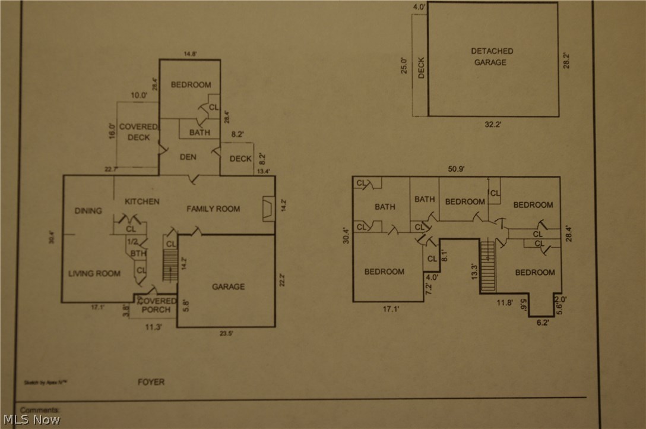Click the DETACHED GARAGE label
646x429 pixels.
coord(492,56)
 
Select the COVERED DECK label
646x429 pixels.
coord(138,132)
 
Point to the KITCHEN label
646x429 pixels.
coord(142,201)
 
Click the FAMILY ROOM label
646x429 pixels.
coord(213,209)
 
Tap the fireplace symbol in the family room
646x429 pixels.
coord(268,209)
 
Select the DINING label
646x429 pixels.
coord(88,210)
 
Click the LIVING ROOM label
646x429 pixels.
coord(94,273)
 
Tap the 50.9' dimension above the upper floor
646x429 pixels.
coord(456,169)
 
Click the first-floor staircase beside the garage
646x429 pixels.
coord(170,265)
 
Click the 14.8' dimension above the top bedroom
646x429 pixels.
coord(190,53)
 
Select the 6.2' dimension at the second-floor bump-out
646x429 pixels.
coord(543,323)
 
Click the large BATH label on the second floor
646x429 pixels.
coord(385,207)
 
